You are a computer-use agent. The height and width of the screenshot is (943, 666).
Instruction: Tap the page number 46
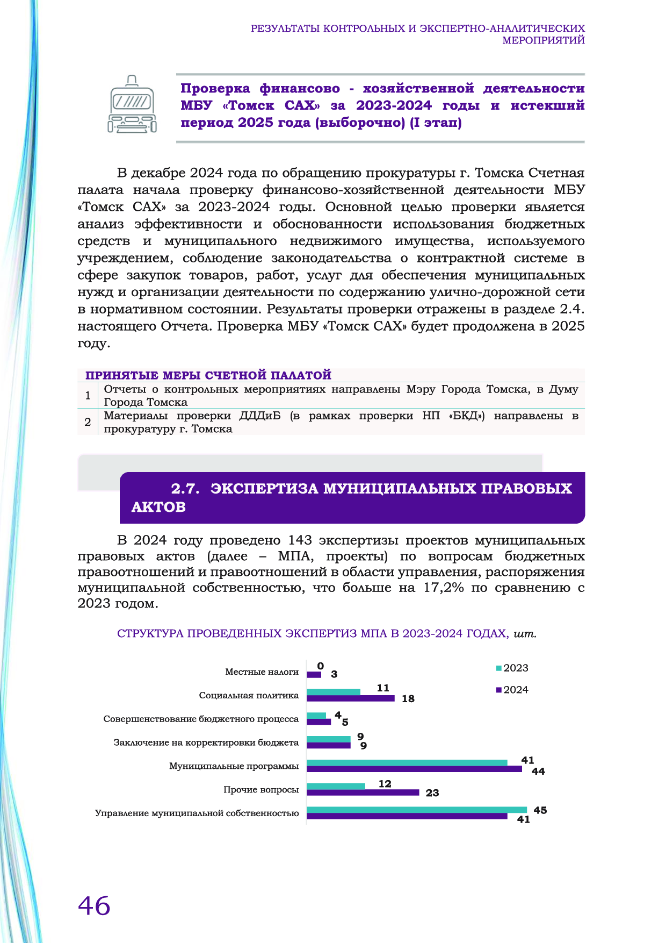coord(94,906)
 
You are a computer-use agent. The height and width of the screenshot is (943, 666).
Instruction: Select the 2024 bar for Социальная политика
coord(350,698)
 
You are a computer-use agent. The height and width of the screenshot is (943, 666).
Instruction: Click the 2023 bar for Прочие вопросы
coord(336,786)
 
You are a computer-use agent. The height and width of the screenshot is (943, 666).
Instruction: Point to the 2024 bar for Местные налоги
coord(314,675)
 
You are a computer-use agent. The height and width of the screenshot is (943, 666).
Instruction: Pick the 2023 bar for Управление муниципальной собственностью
coord(417,810)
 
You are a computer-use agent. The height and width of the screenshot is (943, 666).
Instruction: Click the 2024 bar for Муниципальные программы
coord(414,769)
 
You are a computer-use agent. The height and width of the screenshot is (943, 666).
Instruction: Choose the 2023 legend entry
coord(512,668)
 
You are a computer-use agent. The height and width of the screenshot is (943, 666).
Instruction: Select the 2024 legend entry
coord(512,690)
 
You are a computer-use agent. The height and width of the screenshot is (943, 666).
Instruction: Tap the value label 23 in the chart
coord(432,793)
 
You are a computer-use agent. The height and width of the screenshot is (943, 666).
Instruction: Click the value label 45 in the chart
coord(540,810)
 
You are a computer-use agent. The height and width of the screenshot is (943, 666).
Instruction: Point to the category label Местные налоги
coord(262,672)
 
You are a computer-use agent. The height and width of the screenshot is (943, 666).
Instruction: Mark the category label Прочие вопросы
coord(261,790)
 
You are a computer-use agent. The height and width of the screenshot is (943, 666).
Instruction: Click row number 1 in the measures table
coord(88,396)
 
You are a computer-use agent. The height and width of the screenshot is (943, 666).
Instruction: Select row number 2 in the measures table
coord(88,423)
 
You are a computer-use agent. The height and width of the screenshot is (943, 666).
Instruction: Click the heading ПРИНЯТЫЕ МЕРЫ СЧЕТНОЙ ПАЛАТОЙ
coord(208,375)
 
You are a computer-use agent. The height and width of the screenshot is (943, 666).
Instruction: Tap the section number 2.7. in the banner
coord(185,489)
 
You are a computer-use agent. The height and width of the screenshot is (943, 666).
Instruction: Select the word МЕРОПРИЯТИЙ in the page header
coord(543,40)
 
